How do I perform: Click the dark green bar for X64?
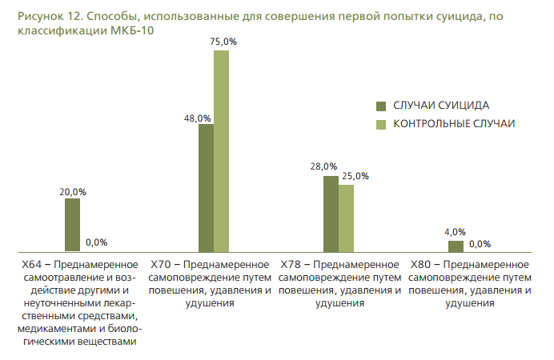(x=72, y=225)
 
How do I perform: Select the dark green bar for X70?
(x=206, y=188)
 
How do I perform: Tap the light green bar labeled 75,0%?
(x=221, y=151)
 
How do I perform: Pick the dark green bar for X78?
(x=331, y=214)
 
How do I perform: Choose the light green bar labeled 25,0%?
(x=346, y=218)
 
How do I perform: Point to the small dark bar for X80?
(x=456, y=246)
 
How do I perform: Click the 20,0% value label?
(x=73, y=192)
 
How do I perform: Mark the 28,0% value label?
(x=324, y=166)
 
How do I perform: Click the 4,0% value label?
(x=455, y=233)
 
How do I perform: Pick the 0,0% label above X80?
(x=480, y=243)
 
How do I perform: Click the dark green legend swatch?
(x=381, y=106)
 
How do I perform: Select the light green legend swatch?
(x=381, y=124)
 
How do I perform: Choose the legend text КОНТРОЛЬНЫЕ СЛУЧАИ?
(x=453, y=124)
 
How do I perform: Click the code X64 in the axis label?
(x=31, y=263)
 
